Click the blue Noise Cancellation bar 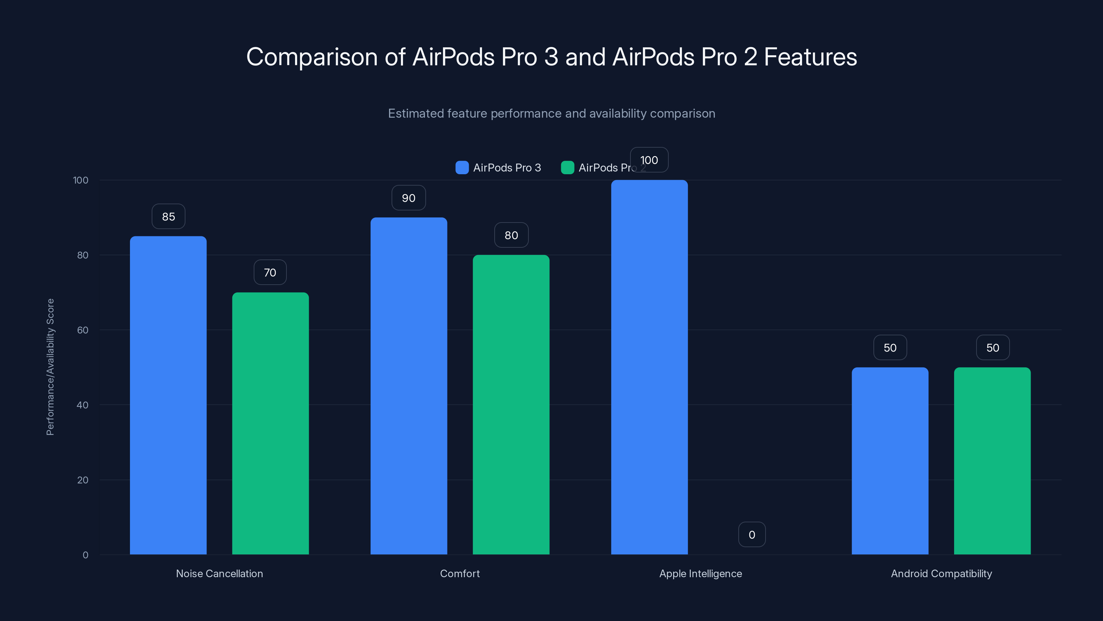tap(168, 394)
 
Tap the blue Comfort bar tap(408, 386)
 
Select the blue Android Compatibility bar tap(890, 461)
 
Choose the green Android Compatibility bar tap(992, 461)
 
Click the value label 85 tap(168, 216)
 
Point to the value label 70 tap(270, 273)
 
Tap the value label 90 tap(408, 198)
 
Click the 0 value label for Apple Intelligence tap(751, 534)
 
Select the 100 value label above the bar tap(649, 160)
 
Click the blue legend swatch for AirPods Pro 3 tap(462, 168)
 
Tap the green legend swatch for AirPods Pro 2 tap(567, 168)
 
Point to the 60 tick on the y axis tap(83, 330)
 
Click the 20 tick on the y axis tap(83, 480)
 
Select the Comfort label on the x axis tap(460, 573)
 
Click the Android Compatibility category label tap(941, 573)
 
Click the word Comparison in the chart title tap(312, 57)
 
